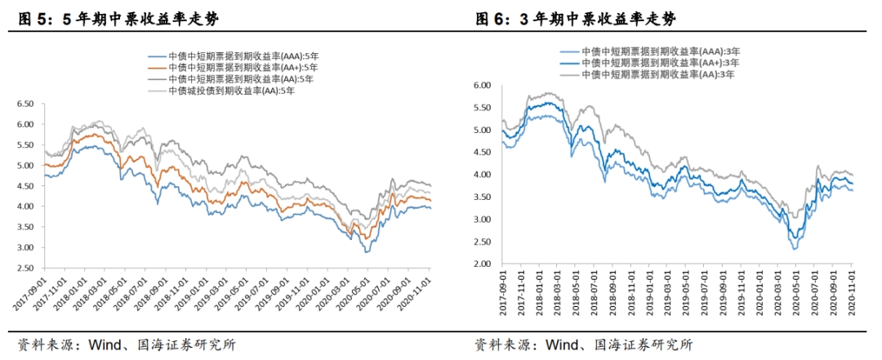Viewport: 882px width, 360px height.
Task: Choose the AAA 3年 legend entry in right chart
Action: (x=657, y=51)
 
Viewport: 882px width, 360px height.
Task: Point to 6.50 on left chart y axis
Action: (x=26, y=104)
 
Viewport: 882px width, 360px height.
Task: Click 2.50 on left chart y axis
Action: (x=26, y=269)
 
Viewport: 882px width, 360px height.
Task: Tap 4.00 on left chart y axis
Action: (x=26, y=207)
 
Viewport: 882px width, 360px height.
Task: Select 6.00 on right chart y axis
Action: (x=482, y=85)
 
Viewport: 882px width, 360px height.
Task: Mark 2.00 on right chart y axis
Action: (x=482, y=264)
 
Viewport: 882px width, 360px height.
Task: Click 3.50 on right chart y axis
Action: (x=482, y=198)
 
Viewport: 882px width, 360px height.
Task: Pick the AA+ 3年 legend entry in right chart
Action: (x=657, y=62)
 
